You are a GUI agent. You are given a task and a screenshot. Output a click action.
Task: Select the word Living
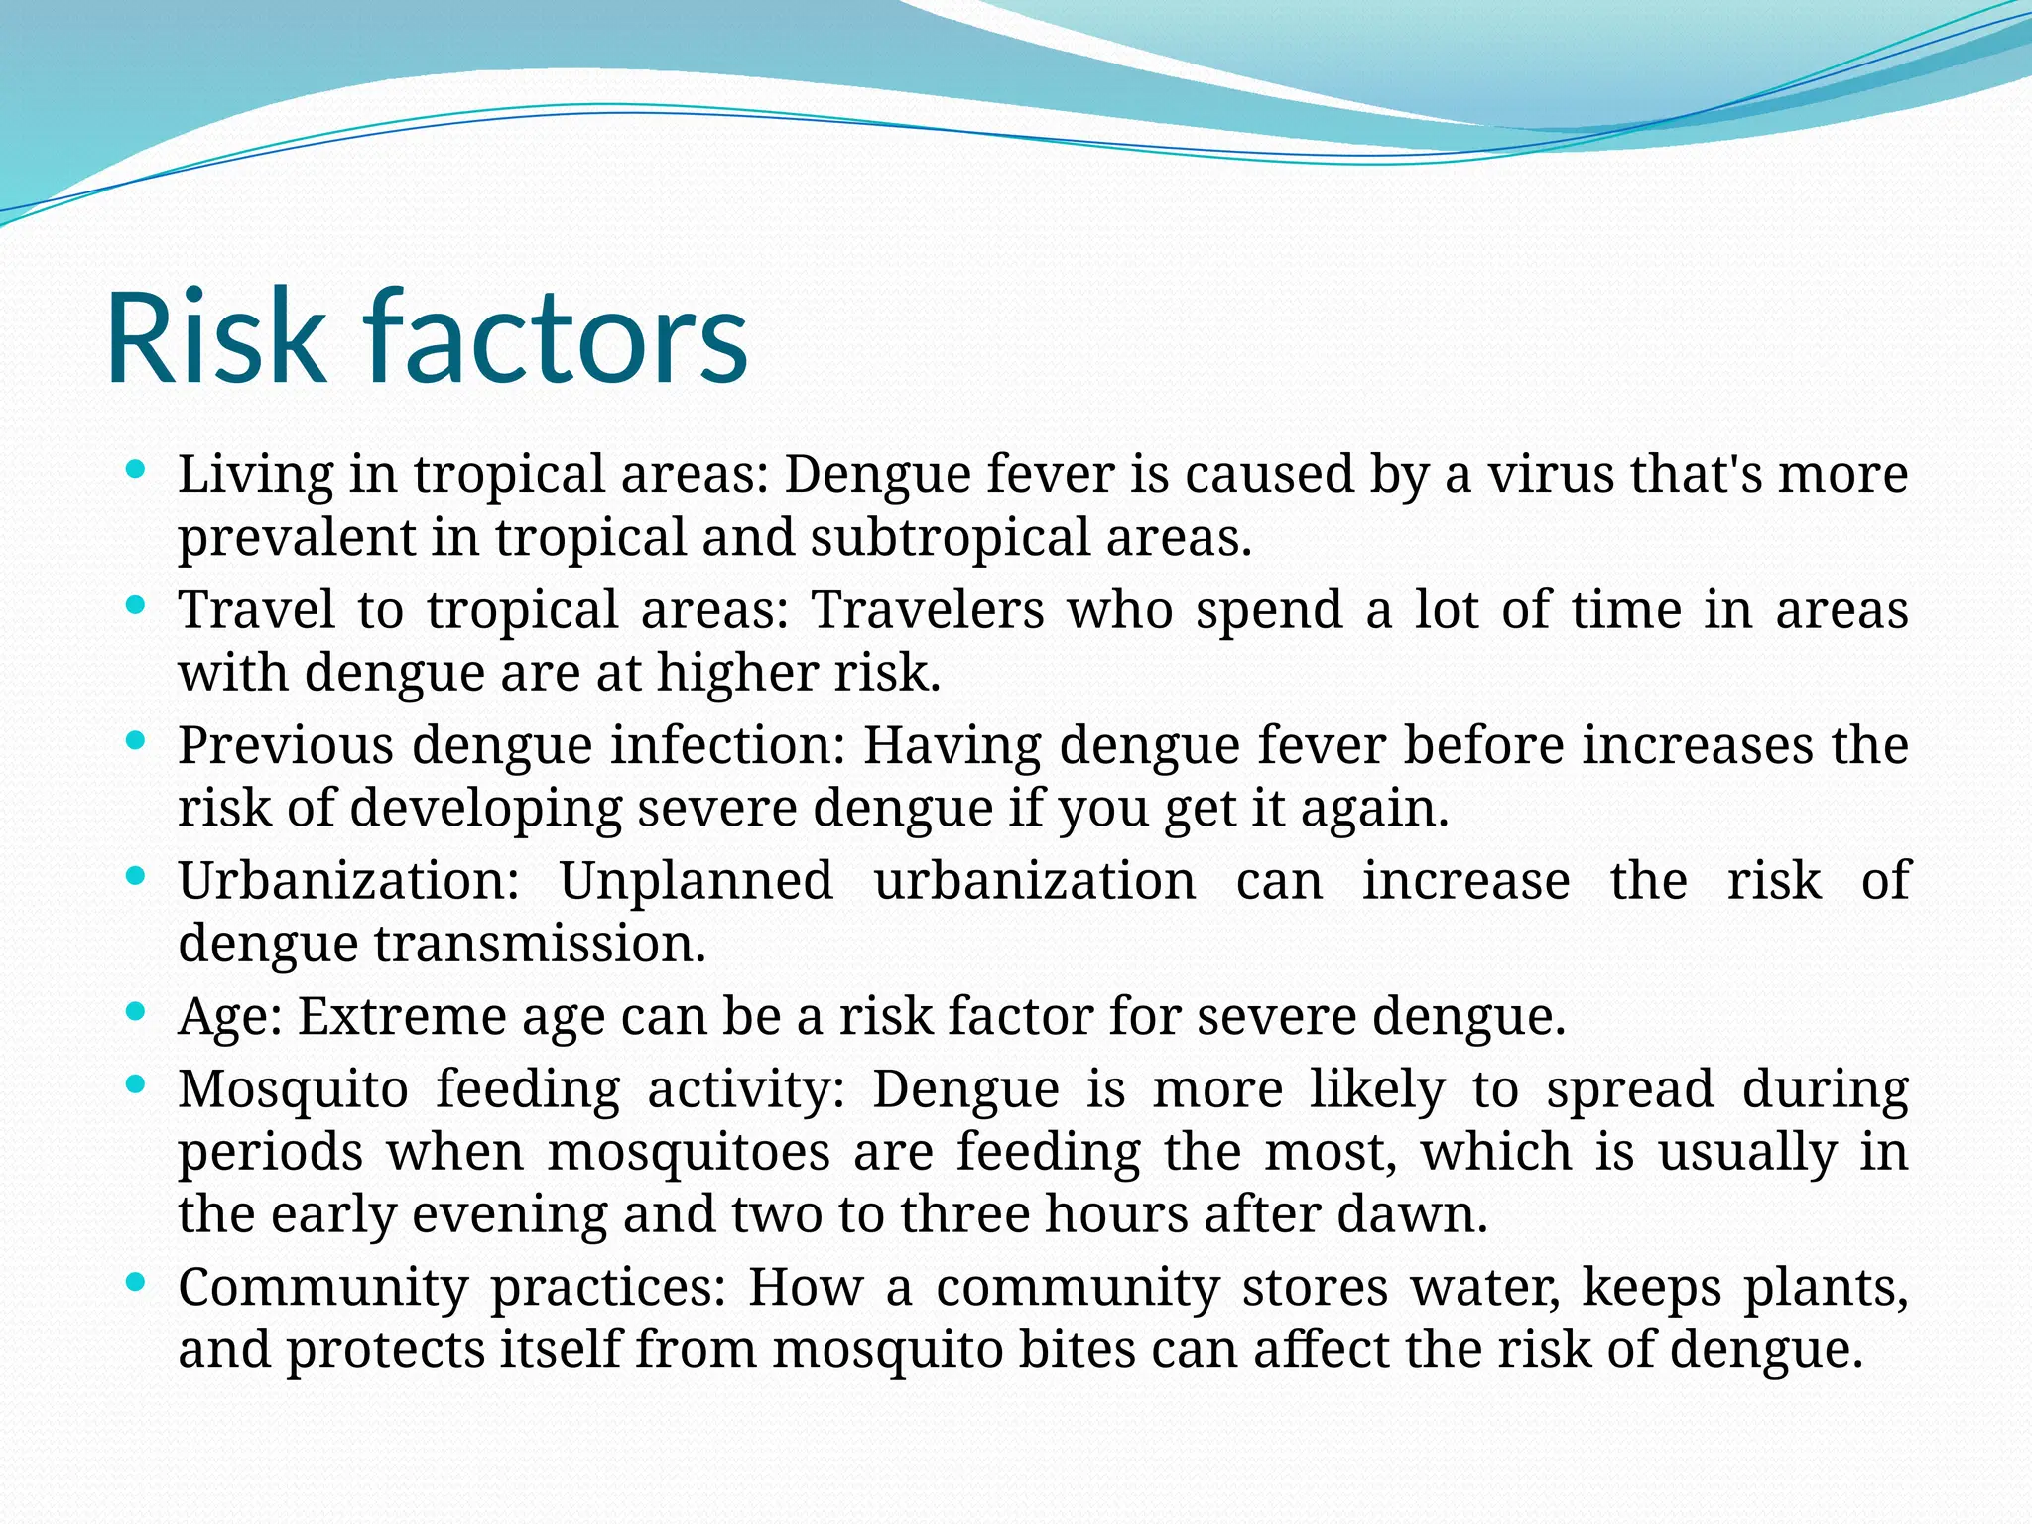[256, 475]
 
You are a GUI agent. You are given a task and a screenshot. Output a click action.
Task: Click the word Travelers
[927, 609]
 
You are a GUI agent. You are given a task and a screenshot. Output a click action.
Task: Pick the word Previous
[286, 745]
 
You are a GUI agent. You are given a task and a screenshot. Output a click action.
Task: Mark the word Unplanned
[696, 881]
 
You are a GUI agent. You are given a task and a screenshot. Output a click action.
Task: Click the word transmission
[540, 944]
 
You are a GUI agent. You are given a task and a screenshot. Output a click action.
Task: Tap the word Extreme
[402, 1017]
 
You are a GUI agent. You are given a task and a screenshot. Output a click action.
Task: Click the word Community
[322, 1289]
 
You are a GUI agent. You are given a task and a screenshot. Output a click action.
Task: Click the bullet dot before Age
[138, 1012]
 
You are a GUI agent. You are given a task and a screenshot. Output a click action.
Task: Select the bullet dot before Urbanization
[138, 877]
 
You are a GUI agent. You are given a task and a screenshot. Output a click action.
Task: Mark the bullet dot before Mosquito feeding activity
[138, 1084]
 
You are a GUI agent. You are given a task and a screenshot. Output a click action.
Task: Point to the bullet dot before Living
[138, 469]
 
